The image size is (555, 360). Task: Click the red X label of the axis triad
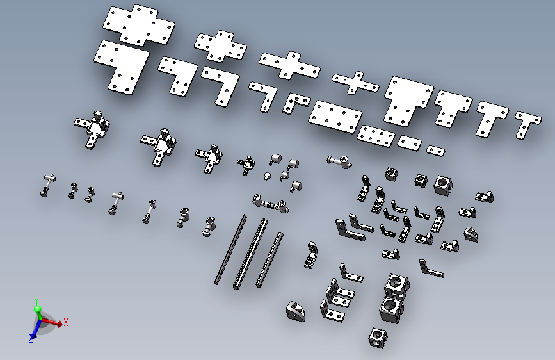tap(65, 322)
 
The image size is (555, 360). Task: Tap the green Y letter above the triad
tap(36, 301)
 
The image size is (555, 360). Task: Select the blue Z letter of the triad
tap(31, 340)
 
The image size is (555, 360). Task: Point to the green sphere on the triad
tap(38, 309)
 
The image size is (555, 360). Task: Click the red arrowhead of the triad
tap(59, 323)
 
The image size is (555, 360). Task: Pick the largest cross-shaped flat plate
tap(139, 25)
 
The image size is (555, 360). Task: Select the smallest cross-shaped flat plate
tap(355, 83)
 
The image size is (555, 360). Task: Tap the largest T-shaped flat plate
tap(407, 100)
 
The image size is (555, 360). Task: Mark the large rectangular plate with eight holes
tap(335, 117)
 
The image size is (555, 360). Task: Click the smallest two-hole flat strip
tap(435, 151)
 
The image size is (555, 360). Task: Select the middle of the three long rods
tap(250, 254)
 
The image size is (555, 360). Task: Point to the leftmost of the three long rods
tap(230, 249)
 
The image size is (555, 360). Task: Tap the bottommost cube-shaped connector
tap(377, 338)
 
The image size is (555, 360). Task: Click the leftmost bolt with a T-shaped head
tap(47, 185)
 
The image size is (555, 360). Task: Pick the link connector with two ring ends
tap(271, 204)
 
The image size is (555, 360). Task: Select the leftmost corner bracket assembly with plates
tap(92, 129)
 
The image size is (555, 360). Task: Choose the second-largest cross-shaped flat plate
tap(220, 46)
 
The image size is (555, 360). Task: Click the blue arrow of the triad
tap(35, 329)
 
